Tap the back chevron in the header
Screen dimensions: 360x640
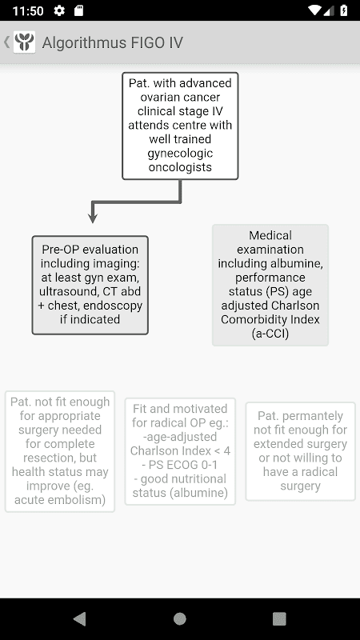(6, 42)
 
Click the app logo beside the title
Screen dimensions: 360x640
(25, 42)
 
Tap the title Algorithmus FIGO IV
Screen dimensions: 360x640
(113, 42)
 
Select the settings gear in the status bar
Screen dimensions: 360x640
(59, 10)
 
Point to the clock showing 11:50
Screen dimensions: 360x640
(28, 10)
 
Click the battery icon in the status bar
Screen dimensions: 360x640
(344, 10)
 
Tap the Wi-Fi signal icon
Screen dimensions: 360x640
(314, 10)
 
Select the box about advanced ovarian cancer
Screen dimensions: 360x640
(180, 126)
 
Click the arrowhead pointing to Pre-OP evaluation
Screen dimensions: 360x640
(93, 218)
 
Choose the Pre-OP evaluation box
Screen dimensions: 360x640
(90, 285)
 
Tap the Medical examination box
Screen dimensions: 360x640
(270, 285)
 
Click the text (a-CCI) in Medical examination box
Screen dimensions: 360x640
(270, 334)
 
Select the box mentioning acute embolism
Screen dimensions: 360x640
(60, 451)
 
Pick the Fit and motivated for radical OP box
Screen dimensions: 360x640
(180, 451)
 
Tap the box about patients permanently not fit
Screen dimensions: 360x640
(301, 451)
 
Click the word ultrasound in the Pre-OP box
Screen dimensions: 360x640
(66, 291)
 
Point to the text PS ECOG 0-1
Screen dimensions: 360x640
(179, 465)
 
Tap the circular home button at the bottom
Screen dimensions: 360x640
(180, 618)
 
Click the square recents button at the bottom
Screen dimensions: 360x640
(279, 618)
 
